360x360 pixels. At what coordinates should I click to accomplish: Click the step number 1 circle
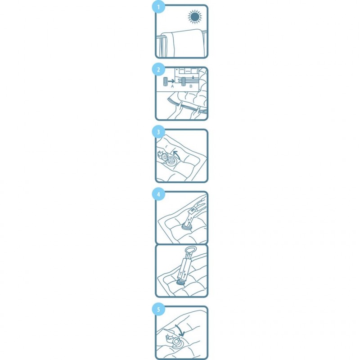tap(158, 7)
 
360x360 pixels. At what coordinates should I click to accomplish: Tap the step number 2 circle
tap(158, 70)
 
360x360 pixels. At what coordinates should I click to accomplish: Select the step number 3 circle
tap(158, 132)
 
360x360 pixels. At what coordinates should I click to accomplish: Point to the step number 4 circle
tap(158, 194)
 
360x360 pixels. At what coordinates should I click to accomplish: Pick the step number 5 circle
tap(158, 310)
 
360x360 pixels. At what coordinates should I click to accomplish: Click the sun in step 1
tap(195, 17)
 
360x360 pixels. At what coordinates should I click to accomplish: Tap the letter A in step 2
tap(172, 86)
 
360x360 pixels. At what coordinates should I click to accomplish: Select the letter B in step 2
tap(191, 86)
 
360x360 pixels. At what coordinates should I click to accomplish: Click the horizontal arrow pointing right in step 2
tap(171, 81)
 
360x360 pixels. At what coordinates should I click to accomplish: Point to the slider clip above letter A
tap(165, 81)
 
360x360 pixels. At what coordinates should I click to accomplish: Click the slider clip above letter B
tap(184, 81)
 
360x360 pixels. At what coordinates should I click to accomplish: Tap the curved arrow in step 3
tap(176, 154)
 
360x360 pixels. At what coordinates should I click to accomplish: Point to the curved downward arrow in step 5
tap(180, 330)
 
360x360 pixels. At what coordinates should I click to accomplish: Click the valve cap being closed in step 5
tap(176, 342)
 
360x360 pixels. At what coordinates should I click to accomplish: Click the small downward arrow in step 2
tap(193, 77)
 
